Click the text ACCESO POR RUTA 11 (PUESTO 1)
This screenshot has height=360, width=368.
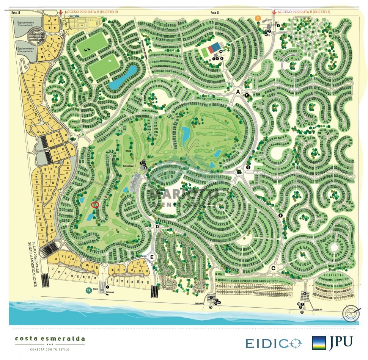[x=304, y=12]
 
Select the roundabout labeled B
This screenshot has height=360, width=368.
[x=239, y=172]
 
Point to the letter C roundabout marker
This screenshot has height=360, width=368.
[x=273, y=268]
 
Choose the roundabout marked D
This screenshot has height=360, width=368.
[x=157, y=227]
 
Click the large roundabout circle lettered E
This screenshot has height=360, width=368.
[x=152, y=257]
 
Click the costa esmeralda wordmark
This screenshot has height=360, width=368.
[x=50, y=339]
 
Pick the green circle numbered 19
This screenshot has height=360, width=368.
[x=88, y=291]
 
